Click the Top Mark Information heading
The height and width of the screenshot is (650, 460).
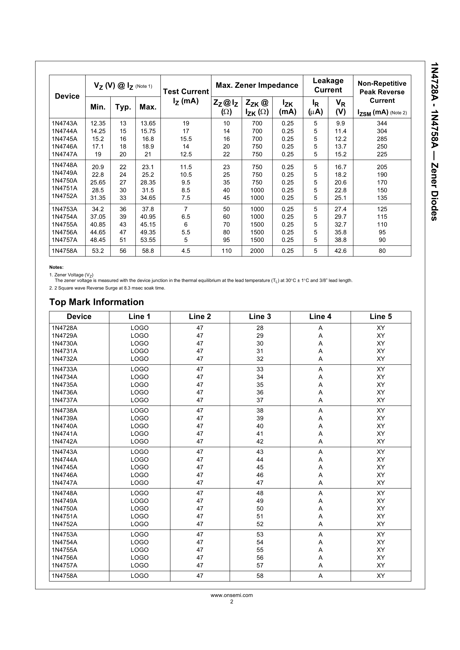click(x=96, y=302)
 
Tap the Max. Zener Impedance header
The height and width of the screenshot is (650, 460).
click(x=257, y=85)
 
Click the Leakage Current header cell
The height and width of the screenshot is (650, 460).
click(x=328, y=85)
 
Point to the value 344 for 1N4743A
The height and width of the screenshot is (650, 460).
click(x=382, y=123)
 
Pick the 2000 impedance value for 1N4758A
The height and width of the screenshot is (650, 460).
click(x=257, y=251)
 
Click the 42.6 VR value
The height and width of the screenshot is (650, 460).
click(x=340, y=251)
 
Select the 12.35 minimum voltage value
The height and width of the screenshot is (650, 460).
click(x=98, y=123)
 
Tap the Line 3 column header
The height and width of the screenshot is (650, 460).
click(x=260, y=316)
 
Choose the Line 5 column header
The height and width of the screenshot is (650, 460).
click(x=381, y=316)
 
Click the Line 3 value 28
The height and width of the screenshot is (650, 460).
click(x=260, y=328)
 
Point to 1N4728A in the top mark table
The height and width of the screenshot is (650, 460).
click(x=65, y=328)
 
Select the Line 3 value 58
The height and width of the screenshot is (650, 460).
click(x=260, y=576)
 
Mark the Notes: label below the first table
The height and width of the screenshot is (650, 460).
click(x=56, y=267)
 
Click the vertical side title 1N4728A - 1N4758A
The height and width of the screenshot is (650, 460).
click(x=435, y=142)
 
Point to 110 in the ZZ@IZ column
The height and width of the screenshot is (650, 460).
click(x=226, y=251)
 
